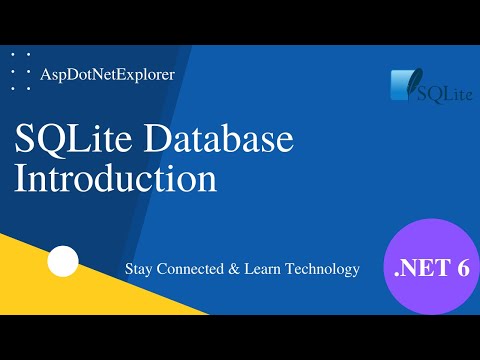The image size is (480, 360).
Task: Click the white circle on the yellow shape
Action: click(63, 262)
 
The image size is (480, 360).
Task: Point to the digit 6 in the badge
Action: click(461, 268)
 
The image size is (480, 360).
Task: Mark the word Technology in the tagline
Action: click(324, 270)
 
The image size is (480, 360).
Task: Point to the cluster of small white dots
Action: click(20, 71)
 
